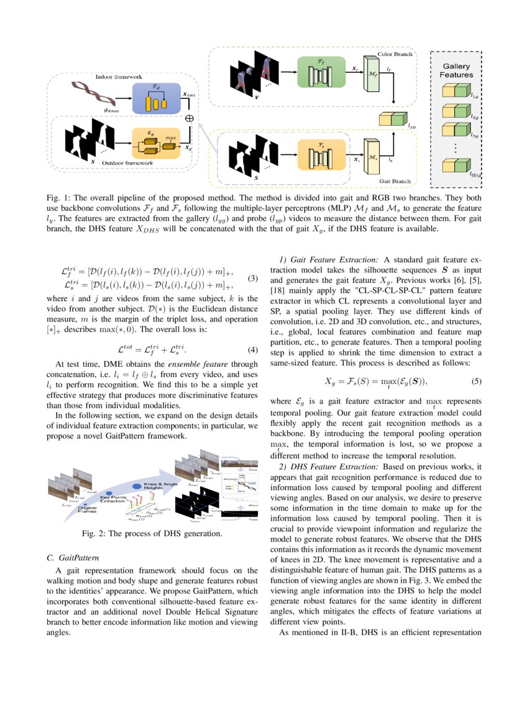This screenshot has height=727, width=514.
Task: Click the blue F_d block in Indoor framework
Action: point(156,98)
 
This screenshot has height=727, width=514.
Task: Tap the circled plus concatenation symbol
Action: point(190,118)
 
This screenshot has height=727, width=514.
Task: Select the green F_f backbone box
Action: point(321,72)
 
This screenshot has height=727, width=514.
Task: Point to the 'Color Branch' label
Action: point(395,55)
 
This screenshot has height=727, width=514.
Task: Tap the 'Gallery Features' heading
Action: point(457,70)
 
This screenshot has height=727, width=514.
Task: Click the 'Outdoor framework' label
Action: point(127,162)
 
